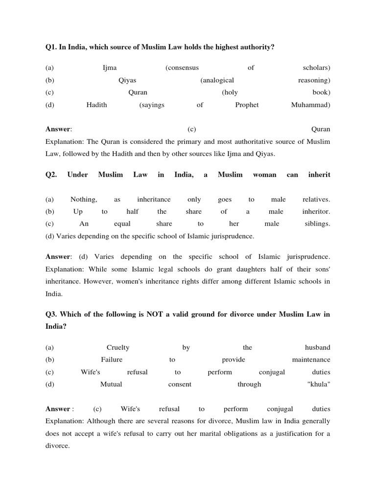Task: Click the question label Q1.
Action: coord(51,46)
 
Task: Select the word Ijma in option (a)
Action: coord(109,68)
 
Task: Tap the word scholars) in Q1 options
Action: coord(316,68)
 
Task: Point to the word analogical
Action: coord(217,80)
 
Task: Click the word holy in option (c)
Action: coord(230,92)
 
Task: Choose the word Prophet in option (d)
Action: coord(247,105)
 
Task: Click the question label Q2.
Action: coord(51,175)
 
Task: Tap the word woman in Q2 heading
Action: coord(264,175)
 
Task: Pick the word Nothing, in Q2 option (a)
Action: coord(84,199)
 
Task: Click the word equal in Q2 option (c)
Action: coord(122,224)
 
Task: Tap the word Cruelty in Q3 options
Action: coord(118,347)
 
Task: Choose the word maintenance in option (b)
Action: coord(311,360)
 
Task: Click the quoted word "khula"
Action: coord(318,384)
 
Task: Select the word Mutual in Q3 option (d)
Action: coord(111,384)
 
